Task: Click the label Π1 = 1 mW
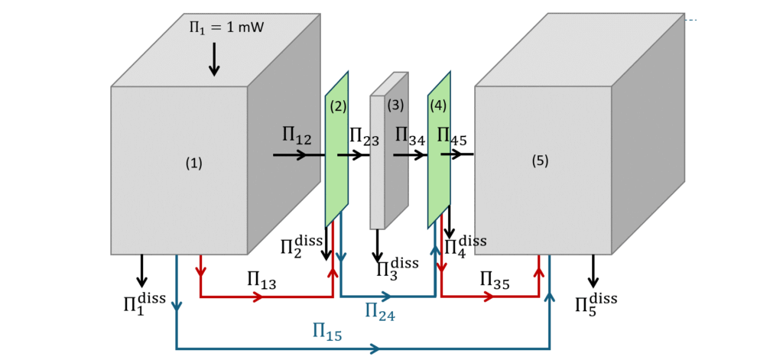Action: click(x=226, y=28)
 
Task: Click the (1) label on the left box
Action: click(x=194, y=163)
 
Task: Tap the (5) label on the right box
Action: click(x=541, y=161)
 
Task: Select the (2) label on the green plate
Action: click(x=338, y=107)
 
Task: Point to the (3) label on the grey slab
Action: click(x=395, y=105)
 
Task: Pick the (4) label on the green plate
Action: click(x=438, y=105)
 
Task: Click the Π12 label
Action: click(x=297, y=136)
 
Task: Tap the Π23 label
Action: click(x=364, y=137)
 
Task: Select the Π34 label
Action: click(x=410, y=137)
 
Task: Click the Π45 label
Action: click(x=452, y=137)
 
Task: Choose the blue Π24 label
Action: click(x=380, y=311)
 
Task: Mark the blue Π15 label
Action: click(x=327, y=332)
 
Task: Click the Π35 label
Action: click(x=495, y=280)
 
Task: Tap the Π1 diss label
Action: click(x=144, y=303)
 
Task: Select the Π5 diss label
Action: click(x=596, y=303)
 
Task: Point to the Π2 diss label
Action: click(x=301, y=246)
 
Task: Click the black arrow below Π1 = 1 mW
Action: click(x=214, y=59)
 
